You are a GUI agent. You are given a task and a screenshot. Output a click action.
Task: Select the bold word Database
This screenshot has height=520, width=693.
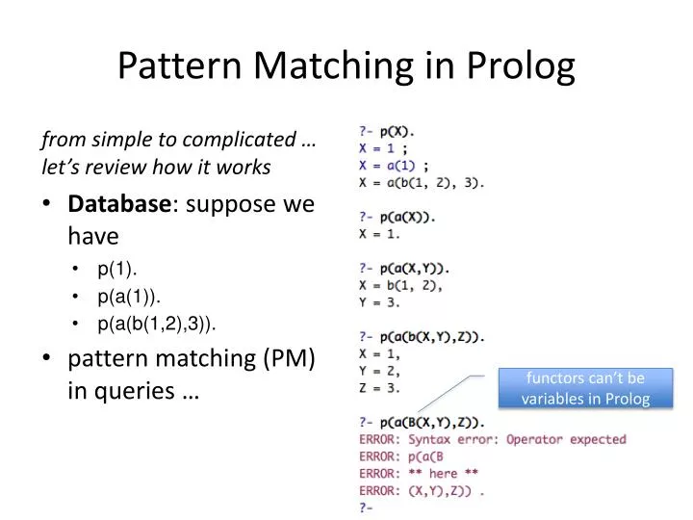pos(118,204)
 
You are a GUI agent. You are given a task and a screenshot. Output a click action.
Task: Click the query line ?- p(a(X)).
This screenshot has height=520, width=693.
pos(397,217)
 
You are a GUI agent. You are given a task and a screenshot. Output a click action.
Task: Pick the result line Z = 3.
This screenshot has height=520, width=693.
pos(379,388)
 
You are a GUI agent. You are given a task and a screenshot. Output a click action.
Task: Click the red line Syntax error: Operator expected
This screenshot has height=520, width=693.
pos(491,439)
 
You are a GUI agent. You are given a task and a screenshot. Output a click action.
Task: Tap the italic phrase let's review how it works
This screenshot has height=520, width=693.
pos(156,168)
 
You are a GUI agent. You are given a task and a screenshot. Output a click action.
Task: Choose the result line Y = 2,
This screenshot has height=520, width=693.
pos(379,371)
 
